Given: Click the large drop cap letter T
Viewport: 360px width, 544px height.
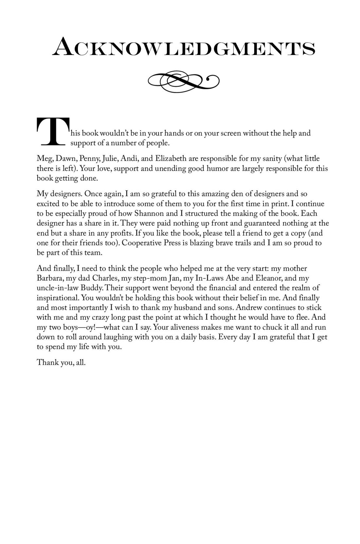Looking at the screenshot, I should (52, 132).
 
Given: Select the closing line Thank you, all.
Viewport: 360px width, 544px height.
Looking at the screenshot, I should (61, 363).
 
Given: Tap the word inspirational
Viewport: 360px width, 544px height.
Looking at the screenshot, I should (58, 298).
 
